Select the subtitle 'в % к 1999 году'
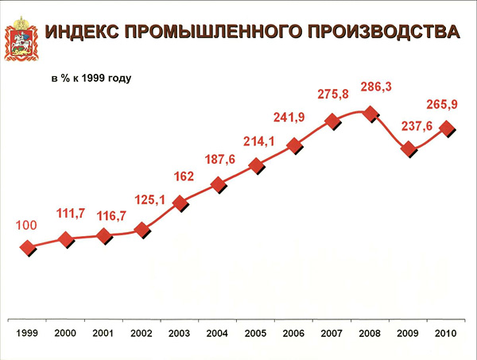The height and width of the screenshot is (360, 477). click(x=91, y=79)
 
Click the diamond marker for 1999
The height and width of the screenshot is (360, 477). click(x=29, y=248)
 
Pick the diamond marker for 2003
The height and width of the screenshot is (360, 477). click(x=180, y=203)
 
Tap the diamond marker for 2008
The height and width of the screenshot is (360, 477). click(x=370, y=114)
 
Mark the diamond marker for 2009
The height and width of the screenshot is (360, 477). click(x=409, y=149)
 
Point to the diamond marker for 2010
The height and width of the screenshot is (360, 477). click(x=447, y=127)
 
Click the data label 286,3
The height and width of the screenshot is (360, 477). click(x=371, y=87)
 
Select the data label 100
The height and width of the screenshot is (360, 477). click(x=27, y=226)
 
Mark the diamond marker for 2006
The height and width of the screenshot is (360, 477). click(x=295, y=145)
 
